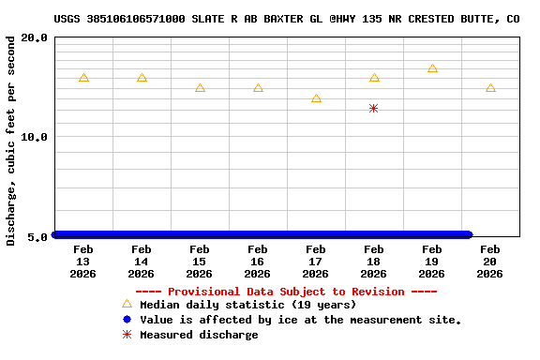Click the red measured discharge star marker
coord(373,109)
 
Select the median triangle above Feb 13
coord(83,78)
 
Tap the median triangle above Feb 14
coord(142,78)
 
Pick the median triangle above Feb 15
coord(200,88)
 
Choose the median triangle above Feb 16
coord(258,88)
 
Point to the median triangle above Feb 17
coord(316,98)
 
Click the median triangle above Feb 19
coord(432,68)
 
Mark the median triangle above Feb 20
coord(490,88)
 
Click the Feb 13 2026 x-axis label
coord(83,262)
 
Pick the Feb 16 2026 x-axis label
coord(258,262)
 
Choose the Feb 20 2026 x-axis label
coord(490,262)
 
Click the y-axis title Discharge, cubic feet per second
coord(11,141)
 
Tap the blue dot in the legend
coord(127,320)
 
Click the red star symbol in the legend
coord(127,335)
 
